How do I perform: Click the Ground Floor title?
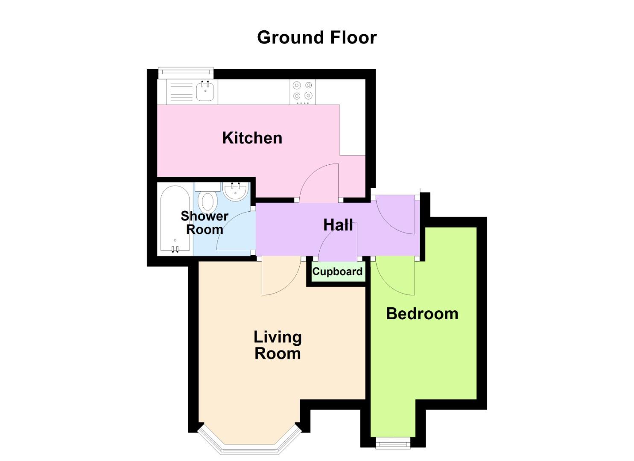pyautogui.click(x=317, y=38)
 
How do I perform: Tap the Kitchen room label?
pyautogui.click(x=252, y=138)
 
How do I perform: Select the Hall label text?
pyautogui.click(x=338, y=225)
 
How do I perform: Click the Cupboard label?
pyautogui.click(x=337, y=271)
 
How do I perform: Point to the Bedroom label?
pyautogui.click(x=422, y=314)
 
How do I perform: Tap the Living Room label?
pyautogui.click(x=278, y=345)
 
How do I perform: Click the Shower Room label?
pyautogui.click(x=205, y=222)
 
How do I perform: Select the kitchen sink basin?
pyautogui.click(x=205, y=91)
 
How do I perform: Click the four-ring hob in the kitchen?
pyautogui.click(x=302, y=91)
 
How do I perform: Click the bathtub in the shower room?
pyautogui.click(x=175, y=220)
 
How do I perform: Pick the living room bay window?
pyautogui.click(x=250, y=444)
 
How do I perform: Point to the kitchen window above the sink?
pyautogui.click(x=186, y=72)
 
